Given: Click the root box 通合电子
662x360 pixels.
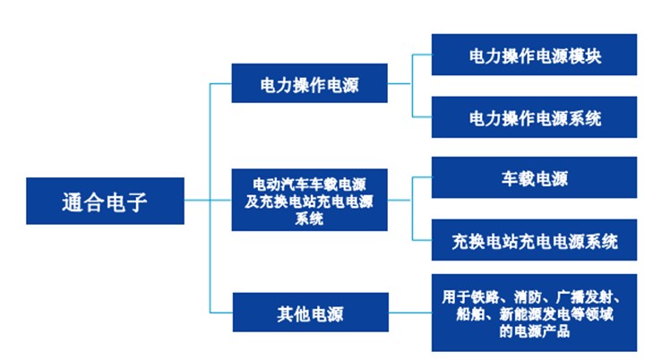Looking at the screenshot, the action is [x=105, y=201].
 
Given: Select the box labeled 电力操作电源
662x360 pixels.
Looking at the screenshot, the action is [x=309, y=83].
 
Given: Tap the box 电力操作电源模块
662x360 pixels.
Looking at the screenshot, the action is [x=534, y=55].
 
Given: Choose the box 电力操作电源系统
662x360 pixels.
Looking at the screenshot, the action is [x=534, y=117].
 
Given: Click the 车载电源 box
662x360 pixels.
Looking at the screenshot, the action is [x=534, y=177].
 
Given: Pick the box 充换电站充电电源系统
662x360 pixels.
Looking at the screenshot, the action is [x=534, y=240].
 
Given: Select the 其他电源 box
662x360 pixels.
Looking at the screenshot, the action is [x=310, y=313].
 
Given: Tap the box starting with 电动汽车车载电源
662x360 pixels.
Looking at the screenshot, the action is [x=309, y=200].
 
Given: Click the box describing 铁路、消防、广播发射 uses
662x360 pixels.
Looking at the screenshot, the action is [x=534, y=313].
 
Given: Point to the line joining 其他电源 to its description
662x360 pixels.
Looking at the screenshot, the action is [x=410, y=313].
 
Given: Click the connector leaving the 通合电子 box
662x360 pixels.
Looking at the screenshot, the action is [x=197, y=200].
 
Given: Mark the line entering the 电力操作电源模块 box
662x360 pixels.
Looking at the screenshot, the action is [x=422, y=55].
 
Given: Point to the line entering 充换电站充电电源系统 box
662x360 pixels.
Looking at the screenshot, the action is [x=422, y=240].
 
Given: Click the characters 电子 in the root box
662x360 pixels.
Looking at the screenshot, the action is [x=126, y=202].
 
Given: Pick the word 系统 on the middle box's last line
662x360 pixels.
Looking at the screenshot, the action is [x=309, y=219].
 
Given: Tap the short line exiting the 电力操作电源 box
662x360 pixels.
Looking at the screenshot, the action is [x=400, y=83].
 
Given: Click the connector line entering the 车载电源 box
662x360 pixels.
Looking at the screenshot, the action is [x=422, y=177].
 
